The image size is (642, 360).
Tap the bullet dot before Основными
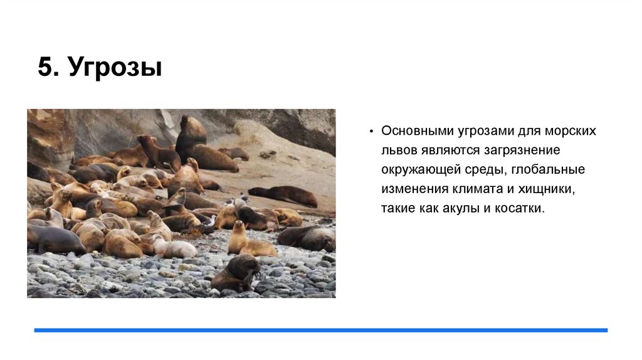[371, 132]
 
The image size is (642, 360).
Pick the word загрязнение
[524, 151]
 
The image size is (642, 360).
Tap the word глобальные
[554, 169]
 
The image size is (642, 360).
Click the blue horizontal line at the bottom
[320, 330]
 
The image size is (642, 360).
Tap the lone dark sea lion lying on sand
[284, 195]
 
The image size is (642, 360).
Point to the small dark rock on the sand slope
[268, 154]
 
